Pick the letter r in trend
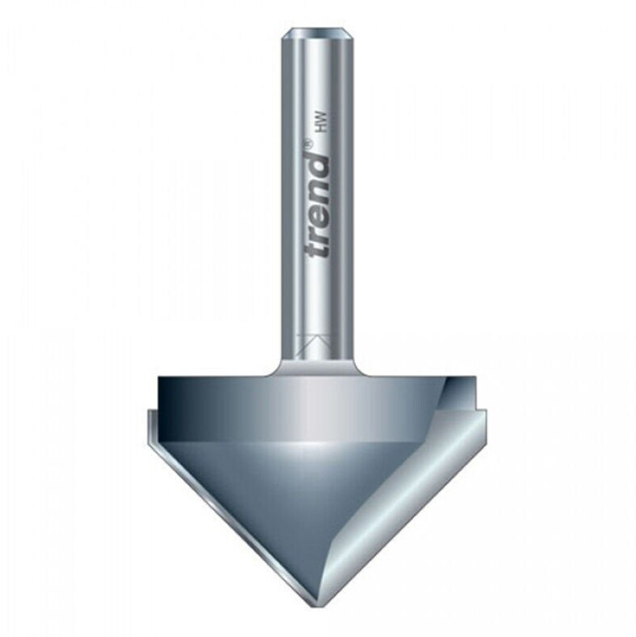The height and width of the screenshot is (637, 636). [320, 232]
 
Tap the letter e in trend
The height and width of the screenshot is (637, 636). [320, 213]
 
